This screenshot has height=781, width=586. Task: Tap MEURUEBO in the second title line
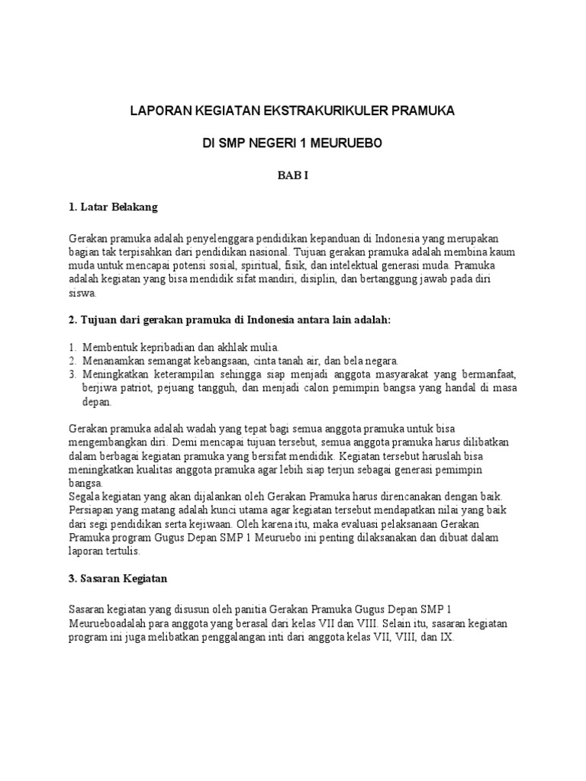coord(343,143)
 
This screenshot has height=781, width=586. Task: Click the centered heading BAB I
coord(292,175)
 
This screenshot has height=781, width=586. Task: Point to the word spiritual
coord(262,265)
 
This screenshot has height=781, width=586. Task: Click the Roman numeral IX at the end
coord(446,637)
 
